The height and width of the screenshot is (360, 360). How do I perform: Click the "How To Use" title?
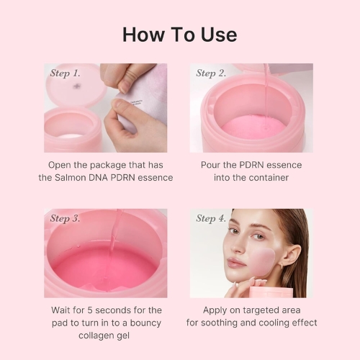[179, 34]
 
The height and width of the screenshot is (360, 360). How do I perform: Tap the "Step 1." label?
[65, 73]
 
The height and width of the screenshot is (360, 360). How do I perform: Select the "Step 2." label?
[211, 73]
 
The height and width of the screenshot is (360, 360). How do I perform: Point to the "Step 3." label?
[65, 219]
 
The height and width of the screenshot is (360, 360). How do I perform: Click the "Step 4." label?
[211, 219]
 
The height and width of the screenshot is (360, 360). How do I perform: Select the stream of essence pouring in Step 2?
[266, 90]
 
